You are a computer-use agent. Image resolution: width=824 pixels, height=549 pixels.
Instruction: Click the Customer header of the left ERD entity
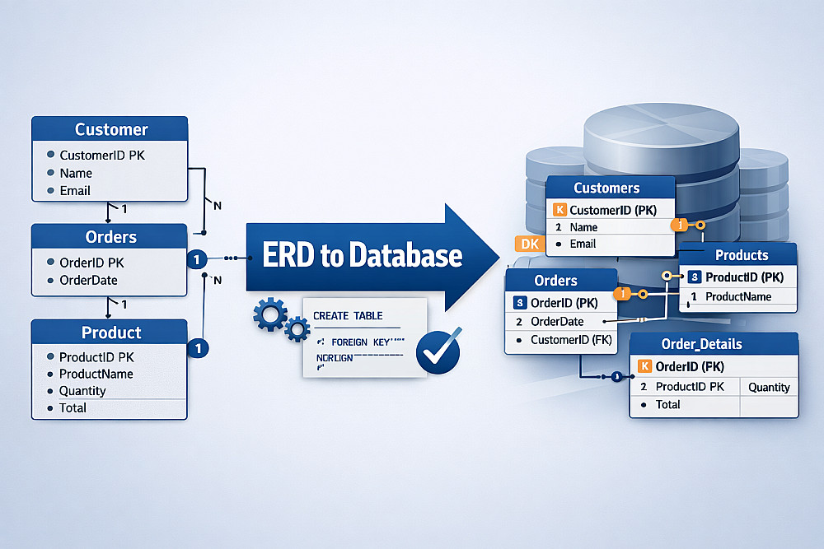coord(110,129)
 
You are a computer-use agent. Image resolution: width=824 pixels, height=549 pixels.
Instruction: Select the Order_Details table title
coord(701,344)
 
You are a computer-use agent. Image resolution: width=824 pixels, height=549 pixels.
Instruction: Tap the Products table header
coord(741,255)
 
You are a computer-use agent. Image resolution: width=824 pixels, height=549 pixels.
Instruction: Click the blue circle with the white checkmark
coord(438,353)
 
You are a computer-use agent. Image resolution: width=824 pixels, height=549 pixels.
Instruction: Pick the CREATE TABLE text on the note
coord(348,316)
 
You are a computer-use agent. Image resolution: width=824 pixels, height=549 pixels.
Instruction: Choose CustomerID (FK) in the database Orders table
coord(571,340)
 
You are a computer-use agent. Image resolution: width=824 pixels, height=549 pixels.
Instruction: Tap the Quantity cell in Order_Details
coord(768,387)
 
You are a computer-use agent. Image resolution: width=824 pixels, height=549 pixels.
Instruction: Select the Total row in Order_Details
coord(667,405)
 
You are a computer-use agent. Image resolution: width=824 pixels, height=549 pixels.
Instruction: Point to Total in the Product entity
coord(73,407)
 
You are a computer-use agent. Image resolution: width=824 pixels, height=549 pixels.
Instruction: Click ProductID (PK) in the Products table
coord(744,277)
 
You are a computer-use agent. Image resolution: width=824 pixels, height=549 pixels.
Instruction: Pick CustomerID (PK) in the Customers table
coord(613,210)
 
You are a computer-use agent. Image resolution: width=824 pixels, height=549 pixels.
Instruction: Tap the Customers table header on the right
coord(606,188)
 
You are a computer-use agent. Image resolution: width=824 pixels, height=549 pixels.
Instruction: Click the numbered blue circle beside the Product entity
coord(198,348)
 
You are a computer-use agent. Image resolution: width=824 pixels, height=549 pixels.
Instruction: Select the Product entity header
coord(111,333)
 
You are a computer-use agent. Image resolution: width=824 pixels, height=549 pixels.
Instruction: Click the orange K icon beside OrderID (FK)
coord(644,366)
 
